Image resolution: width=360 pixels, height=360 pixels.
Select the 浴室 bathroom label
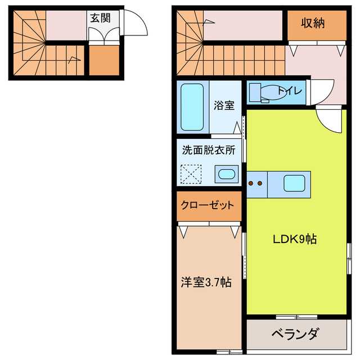224,105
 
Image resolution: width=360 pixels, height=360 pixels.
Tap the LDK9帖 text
294,238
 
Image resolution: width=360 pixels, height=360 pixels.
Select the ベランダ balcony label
295,334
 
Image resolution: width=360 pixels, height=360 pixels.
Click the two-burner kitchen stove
256,183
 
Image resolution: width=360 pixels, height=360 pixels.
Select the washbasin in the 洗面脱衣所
227,174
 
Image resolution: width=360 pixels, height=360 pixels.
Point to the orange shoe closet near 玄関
103,61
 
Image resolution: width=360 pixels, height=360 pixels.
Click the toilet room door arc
322,92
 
